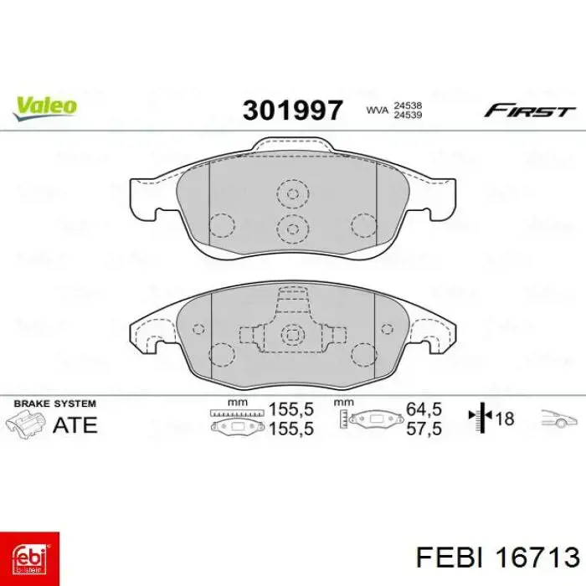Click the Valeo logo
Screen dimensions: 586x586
(x=44, y=105)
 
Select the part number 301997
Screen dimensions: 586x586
(x=292, y=110)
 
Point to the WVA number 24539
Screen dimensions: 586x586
(x=407, y=116)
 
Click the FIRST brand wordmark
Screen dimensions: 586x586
(x=530, y=111)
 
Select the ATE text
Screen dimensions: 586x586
(x=75, y=424)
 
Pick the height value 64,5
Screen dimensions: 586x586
(x=424, y=411)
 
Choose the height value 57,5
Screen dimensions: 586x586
(x=424, y=428)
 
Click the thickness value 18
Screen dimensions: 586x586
(x=505, y=419)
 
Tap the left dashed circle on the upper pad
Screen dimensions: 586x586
(x=221, y=224)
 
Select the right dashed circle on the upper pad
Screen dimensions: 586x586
(x=365, y=224)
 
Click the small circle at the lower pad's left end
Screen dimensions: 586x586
(x=198, y=328)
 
